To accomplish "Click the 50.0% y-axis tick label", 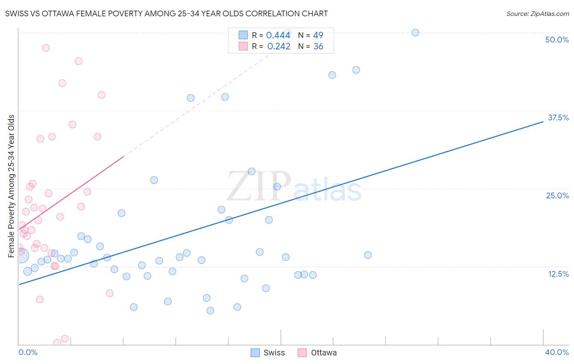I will pos(556,40).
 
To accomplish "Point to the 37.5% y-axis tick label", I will pos(558,118).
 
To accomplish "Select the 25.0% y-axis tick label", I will pos(557,195).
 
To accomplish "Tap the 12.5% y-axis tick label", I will pos(558,274).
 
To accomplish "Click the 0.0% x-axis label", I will pos(28,352).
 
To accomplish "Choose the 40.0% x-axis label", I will pos(556,352).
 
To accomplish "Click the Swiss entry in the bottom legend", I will pos(274,353).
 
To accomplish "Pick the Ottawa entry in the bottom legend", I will pos(323,353).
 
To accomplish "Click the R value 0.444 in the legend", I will pos(278,36).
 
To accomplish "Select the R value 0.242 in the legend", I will pos(278,47).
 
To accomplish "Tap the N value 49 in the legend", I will pos(318,36).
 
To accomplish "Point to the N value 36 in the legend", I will pos(318,47).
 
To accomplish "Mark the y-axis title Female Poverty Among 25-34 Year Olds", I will pos(11,186).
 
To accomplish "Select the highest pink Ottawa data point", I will pos(46,48).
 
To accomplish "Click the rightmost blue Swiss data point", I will pos(415,33).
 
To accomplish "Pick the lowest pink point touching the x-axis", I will pos(57,343).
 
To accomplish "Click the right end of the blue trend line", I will pos(543,121).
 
